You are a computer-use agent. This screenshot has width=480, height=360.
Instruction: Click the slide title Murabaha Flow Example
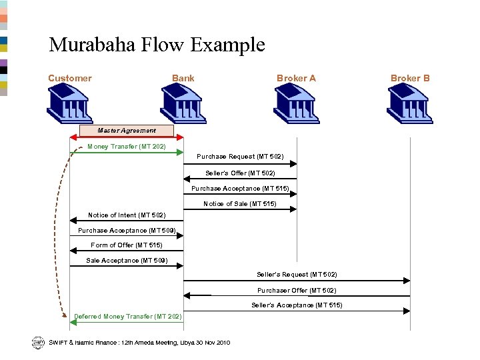(x=157, y=45)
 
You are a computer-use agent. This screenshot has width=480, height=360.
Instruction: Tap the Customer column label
(x=70, y=78)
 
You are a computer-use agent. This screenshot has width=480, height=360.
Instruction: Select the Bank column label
(x=183, y=78)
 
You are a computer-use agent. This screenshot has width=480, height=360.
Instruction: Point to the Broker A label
(x=296, y=78)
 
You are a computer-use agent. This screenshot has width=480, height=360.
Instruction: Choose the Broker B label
(x=410, y=78)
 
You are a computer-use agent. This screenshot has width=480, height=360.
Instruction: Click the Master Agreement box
(x=127, y=131)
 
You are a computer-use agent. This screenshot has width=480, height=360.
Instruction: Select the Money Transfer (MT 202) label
(x=127, y=146)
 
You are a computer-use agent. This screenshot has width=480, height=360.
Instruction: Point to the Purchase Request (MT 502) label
(x=240, y=157)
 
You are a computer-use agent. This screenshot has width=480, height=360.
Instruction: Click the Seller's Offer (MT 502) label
(x=240, y=173)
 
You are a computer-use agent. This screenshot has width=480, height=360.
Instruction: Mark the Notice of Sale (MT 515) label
(x=240, y=204)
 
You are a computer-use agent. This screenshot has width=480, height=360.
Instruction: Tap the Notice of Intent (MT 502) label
(x=127, y=215)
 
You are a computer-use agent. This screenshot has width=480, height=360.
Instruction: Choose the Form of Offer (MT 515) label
(x=127, y=245)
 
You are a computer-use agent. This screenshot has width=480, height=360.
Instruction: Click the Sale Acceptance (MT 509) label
(x=127, y=261)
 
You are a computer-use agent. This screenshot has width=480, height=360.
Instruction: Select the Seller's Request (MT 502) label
(x=297, y=275)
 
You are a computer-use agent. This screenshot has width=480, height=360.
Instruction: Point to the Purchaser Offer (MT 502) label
(x=297, y=291)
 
